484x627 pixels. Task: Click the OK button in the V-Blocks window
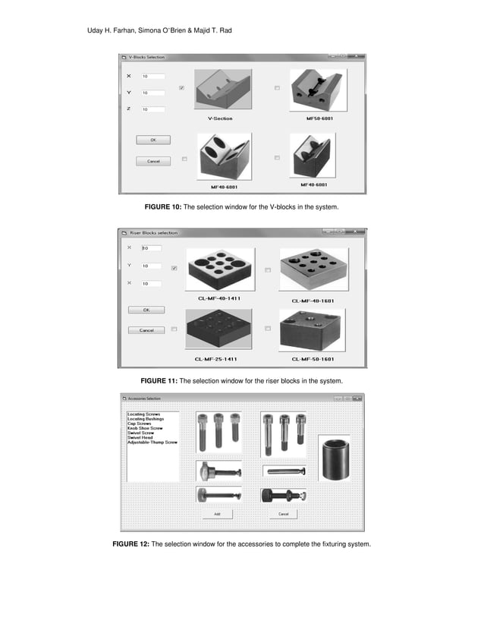(x=153, y=140)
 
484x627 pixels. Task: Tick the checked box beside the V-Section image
(x=181, y=88)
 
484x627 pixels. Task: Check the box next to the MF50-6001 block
(x=277, y=88)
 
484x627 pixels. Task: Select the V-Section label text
(x=220, y=118)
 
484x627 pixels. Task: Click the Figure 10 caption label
(x=241, y=207)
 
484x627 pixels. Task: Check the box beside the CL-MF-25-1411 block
(x=174, y=329)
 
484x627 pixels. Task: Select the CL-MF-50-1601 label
(x=313, y=358)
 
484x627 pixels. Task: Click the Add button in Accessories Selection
(x=216, y=514)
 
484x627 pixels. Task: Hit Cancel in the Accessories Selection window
(x=283, y=514)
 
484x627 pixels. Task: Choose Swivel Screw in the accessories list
(x=142, y=433)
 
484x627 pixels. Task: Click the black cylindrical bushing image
(x=334, y=458)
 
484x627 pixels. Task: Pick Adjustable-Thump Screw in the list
(x=152, y=442)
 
